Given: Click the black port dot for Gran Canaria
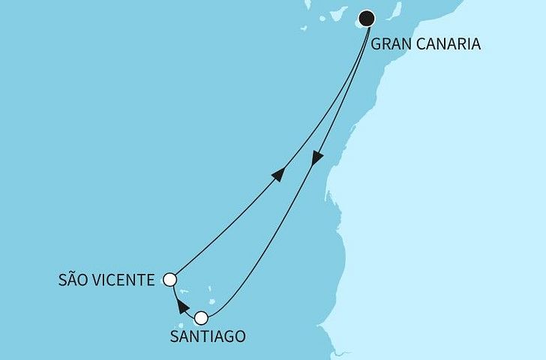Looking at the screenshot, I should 367,17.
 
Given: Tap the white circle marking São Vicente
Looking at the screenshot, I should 170,280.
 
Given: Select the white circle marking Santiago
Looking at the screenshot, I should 201,317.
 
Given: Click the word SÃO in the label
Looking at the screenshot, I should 74,280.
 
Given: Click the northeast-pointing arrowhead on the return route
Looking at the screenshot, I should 277,174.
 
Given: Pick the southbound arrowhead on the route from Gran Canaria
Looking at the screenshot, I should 317,158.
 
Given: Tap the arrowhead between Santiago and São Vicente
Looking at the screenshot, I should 180,304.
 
